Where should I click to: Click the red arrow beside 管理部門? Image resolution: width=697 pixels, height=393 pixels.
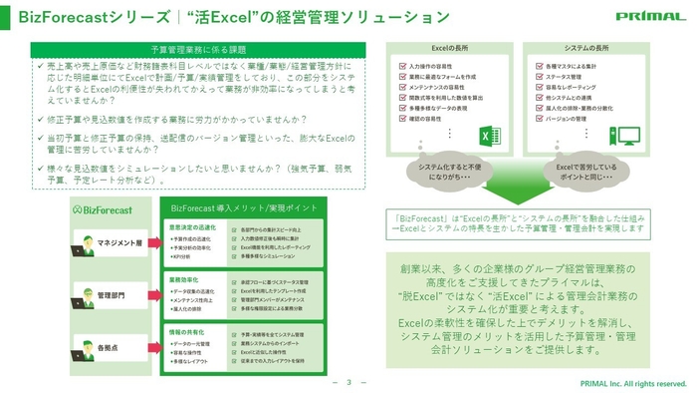[152, 296]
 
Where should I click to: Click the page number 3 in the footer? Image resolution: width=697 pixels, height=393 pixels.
[348, 382]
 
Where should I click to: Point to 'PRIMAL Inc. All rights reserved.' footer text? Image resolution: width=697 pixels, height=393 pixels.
[633, 383]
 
